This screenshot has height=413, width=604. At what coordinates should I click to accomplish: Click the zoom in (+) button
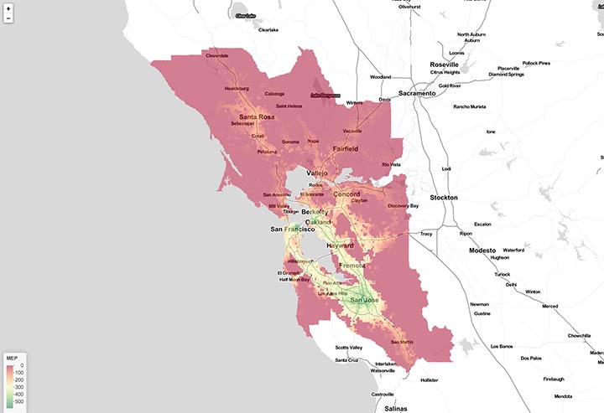[8, 8]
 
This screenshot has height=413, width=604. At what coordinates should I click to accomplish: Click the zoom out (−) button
[8, 18]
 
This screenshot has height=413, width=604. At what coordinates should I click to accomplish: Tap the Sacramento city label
[417, 94]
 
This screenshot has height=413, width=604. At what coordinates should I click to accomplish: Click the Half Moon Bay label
[294, 280]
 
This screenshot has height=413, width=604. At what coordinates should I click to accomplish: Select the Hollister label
[430, 379]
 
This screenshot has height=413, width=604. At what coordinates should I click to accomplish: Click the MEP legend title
[12, 358]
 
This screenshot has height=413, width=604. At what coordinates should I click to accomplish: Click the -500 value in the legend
[19, 401]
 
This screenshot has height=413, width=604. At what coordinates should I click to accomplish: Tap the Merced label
[549, 307]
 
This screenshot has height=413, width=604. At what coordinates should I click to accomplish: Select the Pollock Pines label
[534, 63]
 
